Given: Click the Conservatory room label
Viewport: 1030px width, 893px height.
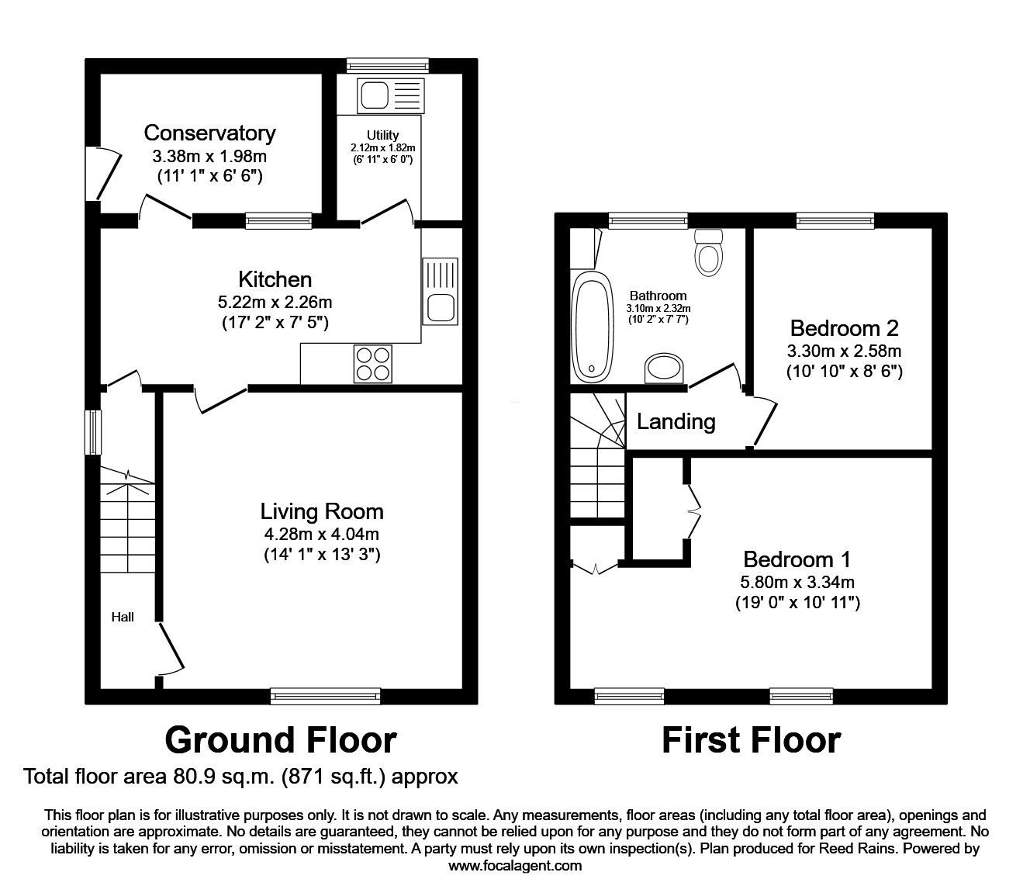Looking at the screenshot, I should click(209, 133).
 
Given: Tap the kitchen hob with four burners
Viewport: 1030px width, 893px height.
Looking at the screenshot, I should click(373, 362).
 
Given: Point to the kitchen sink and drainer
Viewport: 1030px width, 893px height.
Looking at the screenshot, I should click(440, 292).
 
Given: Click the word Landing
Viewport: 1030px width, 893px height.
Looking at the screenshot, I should click(676, 421).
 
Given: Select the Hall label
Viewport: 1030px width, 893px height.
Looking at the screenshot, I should click(123, 617).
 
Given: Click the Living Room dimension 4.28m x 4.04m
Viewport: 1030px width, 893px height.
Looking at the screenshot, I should click(321, 534).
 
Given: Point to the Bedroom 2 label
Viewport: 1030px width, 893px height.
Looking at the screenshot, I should click(844, 327).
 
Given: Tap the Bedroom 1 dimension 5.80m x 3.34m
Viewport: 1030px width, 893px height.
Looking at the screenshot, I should click(797, 582).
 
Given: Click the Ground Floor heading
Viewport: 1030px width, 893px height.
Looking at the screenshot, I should click(280, 740).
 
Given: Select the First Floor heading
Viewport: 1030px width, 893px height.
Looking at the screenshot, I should click(750, 740).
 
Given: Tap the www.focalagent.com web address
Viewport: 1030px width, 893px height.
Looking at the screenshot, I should click(515, 866).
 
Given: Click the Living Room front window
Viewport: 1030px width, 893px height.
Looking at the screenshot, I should click(325, 696).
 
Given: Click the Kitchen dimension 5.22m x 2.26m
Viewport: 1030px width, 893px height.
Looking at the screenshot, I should click(275, 303).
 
